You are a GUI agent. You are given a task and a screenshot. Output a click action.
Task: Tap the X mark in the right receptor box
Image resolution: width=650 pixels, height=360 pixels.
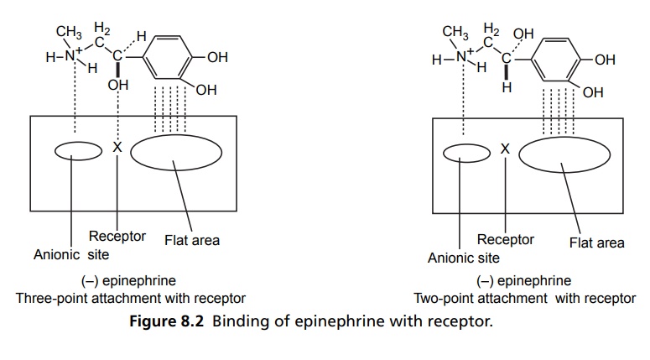coord(505,149)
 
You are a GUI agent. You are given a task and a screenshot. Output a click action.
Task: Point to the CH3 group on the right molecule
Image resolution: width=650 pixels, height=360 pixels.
coord(455,34)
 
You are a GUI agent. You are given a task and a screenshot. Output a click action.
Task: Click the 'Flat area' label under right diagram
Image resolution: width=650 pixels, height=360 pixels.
coord(596,243)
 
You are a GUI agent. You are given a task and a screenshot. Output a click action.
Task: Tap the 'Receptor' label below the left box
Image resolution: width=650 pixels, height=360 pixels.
coord(117,237)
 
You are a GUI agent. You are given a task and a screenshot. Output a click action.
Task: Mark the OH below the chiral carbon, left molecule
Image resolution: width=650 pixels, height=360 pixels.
coord(117,85)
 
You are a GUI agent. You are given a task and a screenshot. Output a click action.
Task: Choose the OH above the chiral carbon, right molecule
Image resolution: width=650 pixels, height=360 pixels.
coord(523,34)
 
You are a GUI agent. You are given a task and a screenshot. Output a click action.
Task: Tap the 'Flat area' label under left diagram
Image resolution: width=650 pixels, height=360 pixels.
coord(191,241)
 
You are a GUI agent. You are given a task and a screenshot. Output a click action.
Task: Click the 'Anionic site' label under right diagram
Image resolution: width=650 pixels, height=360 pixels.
coord(463,258)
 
